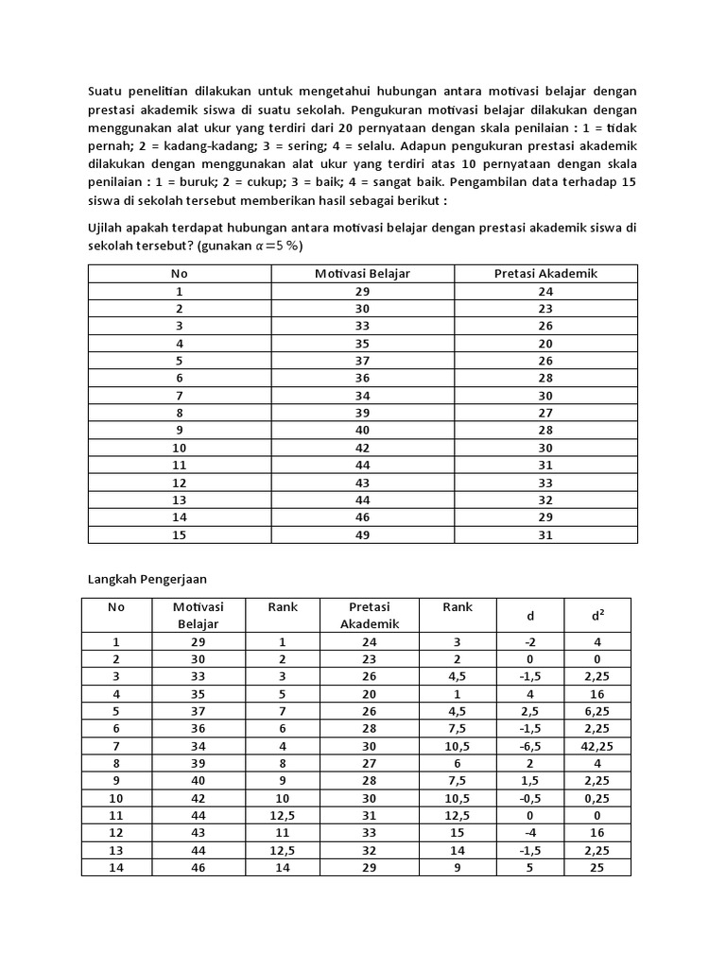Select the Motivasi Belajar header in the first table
pos(362,274)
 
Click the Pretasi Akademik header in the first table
pos(545,274)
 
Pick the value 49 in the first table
pos(362,534)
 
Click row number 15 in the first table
pos(180,534)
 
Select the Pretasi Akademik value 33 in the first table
pos(545,483)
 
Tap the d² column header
pos(596,616)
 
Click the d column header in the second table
pos(530,616)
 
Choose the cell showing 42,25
pos(596,745)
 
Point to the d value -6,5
pos(530,745)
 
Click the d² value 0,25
pos(596,797)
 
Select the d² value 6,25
pos(596,711)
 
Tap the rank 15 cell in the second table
pos(458,831)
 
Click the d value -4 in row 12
pos(530,831)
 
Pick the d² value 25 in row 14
pos(596,866)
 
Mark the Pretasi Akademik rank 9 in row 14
pos(458,866)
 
